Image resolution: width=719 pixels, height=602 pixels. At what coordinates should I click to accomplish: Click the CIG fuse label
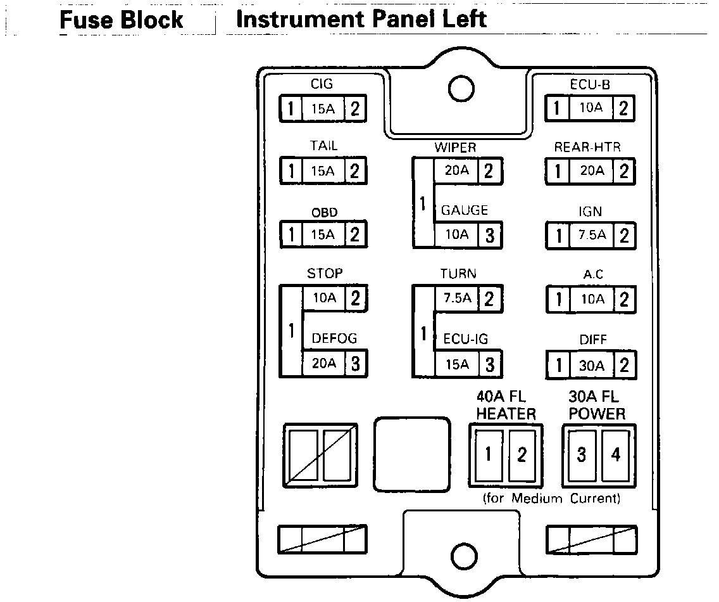tap(322, 84)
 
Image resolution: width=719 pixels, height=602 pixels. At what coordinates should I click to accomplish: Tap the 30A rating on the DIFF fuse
tap(592, 366)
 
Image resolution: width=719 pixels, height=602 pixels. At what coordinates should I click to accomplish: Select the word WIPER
tap(454, 148)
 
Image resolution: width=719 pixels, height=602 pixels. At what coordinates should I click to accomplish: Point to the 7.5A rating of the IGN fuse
tap(592, 236)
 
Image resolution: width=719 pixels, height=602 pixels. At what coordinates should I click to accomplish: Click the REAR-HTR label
tap(587, 147)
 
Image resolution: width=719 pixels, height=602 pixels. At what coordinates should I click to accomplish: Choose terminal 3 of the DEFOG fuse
tap(355, 364)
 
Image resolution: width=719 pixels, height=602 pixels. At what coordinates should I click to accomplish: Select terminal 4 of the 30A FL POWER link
tap(615, 455)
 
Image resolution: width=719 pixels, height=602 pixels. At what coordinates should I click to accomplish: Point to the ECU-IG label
tap(465, 338)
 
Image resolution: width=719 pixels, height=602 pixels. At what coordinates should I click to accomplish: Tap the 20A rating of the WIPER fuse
tap(456, 169)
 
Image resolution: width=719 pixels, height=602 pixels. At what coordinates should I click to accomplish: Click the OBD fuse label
tap(324, 212)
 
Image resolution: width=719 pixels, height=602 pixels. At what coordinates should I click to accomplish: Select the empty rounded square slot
tap(412, 454)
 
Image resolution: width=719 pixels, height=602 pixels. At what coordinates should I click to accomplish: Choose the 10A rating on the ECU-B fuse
tap(591, 108)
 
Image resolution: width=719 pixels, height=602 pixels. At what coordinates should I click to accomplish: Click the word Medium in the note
tap(537, 499)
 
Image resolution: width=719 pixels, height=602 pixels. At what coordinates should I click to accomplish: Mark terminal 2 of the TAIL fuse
tap(354, 171)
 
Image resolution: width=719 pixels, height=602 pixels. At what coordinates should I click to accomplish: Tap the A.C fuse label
tap(593, 274)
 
